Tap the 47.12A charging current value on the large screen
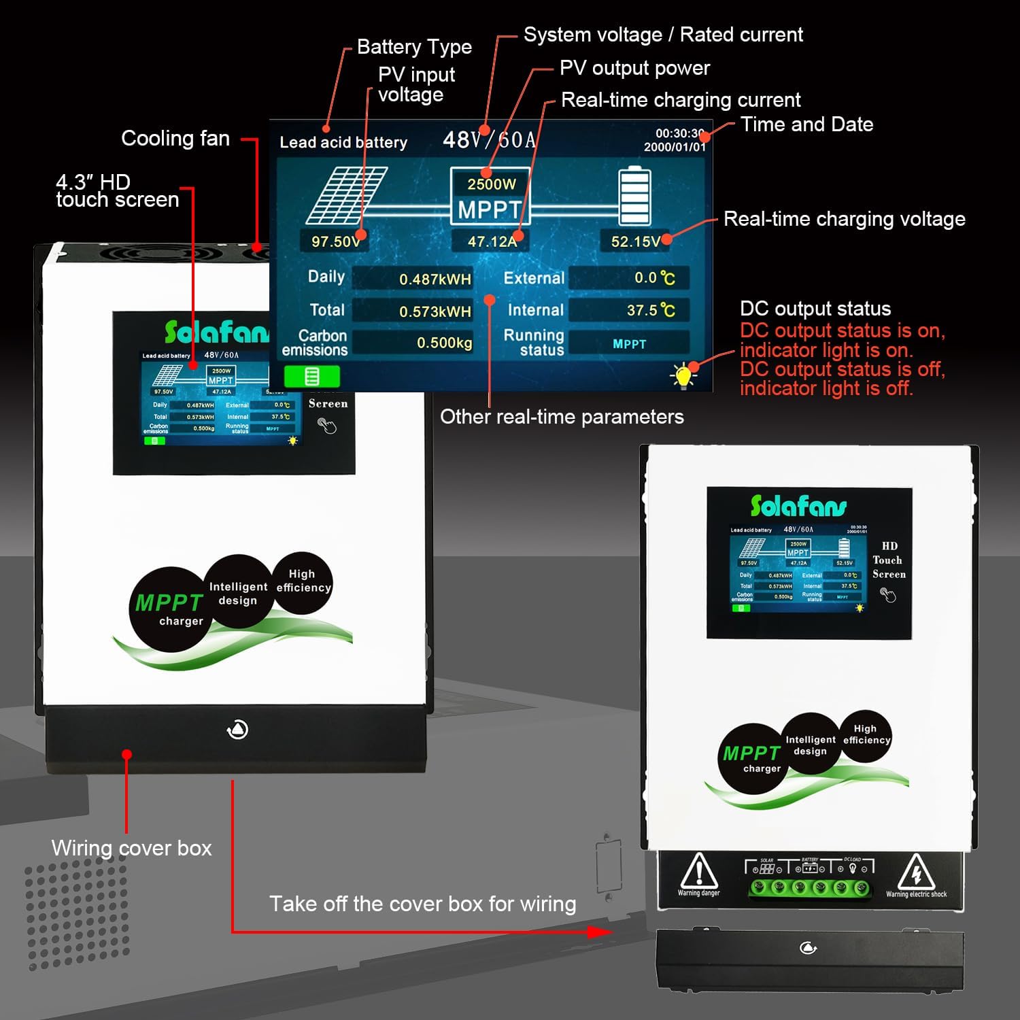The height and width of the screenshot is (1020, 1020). click(492, 241)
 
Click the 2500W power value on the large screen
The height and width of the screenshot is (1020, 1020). click(491, 184)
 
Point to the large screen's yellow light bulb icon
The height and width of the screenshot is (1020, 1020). click(683, 375)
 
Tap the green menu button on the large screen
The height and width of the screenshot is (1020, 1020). click(311, 376)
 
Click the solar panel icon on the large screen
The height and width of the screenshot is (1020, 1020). click(346, 195)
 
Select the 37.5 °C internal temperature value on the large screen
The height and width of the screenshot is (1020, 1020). click(650, 310)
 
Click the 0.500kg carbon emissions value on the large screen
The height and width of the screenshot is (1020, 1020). click(444, 343)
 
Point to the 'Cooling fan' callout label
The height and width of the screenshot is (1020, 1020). click(175, 139)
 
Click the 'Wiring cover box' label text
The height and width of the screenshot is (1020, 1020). click(131, 848)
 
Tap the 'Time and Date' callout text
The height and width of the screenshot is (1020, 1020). click(806, 124)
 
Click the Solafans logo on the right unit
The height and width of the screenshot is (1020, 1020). click(798, 506)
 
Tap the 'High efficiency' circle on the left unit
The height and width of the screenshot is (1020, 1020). click(302, 581)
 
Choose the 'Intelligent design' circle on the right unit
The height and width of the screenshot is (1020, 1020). click(810, 745)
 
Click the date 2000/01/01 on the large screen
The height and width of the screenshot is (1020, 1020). click(675, 147)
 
